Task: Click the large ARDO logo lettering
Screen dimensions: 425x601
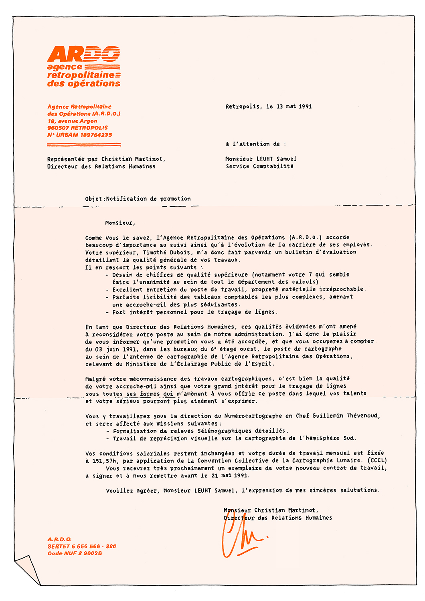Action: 83,54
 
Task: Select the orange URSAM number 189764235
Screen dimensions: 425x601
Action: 96,135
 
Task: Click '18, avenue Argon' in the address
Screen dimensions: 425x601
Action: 72,121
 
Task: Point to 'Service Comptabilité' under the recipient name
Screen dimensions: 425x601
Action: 259,166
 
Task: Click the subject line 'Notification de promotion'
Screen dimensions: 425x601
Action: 148,199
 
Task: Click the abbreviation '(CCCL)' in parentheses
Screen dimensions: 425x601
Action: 377,461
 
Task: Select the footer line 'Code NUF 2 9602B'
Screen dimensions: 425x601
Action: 75,553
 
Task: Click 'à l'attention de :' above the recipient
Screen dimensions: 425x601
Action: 256,144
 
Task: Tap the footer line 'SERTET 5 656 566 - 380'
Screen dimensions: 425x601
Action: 82,546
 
